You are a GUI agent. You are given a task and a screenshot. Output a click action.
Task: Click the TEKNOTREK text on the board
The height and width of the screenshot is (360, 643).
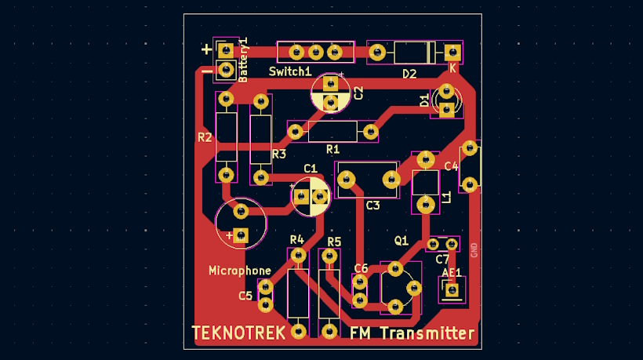pos(238,333)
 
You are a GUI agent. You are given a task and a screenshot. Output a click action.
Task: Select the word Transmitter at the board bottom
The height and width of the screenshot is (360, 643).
pos(427,334)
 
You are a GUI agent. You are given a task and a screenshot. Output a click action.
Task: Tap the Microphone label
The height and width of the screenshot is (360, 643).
pos(239,271)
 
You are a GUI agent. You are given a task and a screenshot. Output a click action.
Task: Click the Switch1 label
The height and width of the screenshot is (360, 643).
pos(289,71)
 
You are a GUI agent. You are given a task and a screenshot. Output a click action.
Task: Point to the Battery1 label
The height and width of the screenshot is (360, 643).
pos(243,60)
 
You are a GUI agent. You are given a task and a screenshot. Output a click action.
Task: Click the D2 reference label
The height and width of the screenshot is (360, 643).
pos(409,74)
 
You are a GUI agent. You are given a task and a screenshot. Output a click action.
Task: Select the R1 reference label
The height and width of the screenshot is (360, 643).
pos(332,148)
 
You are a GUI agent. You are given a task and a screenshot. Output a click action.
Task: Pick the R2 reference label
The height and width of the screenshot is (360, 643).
pos(205,137)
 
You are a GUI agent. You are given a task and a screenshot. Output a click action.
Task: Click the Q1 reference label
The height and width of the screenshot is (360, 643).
pos(401,240)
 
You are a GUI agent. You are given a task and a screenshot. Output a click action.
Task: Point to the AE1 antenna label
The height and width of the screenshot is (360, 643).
pos(451,273)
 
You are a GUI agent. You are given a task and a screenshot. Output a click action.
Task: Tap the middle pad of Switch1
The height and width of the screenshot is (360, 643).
pos(316,53)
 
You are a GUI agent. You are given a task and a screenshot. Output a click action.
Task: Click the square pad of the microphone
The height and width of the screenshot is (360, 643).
pos(241,234)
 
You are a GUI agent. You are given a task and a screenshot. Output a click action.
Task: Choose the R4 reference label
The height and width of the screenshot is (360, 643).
pos(296,239)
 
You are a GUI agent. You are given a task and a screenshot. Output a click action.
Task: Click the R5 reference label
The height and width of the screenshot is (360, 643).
pos(334,241)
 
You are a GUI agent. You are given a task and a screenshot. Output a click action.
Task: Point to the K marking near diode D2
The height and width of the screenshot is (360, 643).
pos(452,68)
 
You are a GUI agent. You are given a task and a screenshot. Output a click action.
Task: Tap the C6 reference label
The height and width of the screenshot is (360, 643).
pos(361,268)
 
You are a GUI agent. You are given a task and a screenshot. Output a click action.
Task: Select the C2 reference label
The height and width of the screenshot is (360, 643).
pos(359,93)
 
